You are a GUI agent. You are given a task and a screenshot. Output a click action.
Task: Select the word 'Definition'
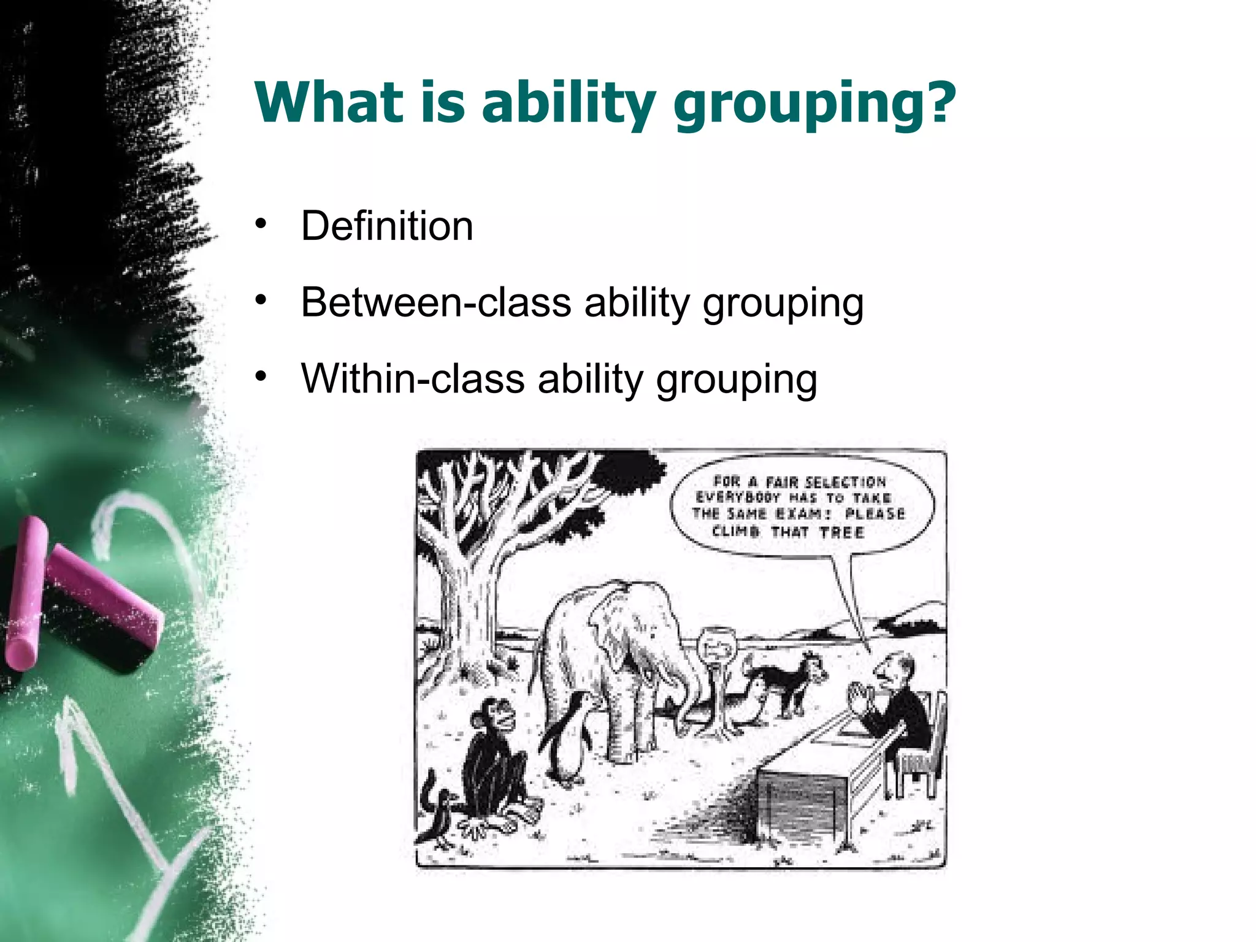[x=387, y=226]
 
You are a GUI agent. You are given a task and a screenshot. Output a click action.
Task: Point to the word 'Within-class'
[x=413, y=378]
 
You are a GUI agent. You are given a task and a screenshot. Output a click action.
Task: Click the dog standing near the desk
[x=791, y=681]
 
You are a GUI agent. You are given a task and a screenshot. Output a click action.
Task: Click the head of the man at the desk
[x=892, y=668]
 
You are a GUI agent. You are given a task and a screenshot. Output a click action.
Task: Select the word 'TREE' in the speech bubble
[x=841, y=532]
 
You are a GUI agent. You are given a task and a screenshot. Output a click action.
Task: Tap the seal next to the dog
[x=748, y=705]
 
